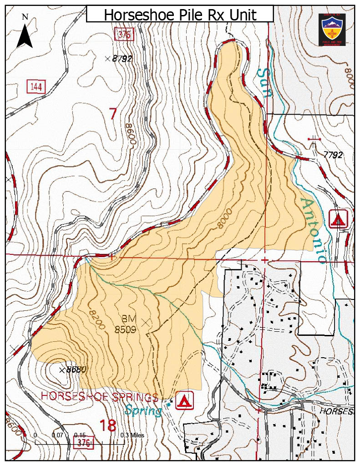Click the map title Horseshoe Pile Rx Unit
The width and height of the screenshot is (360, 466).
click(180, 15)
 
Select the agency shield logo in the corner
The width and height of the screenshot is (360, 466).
click(332, 29)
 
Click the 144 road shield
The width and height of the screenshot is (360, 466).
click(36, 86)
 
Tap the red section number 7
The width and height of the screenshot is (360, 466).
click(113, 114)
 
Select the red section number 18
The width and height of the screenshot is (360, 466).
click(107, 425)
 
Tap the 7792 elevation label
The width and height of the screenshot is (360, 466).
click(333, 155)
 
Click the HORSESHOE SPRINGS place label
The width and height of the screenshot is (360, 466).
click(100, 396)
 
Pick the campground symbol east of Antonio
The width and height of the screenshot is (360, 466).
click(338, 219)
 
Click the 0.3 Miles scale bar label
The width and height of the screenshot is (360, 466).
click(132, 435)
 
